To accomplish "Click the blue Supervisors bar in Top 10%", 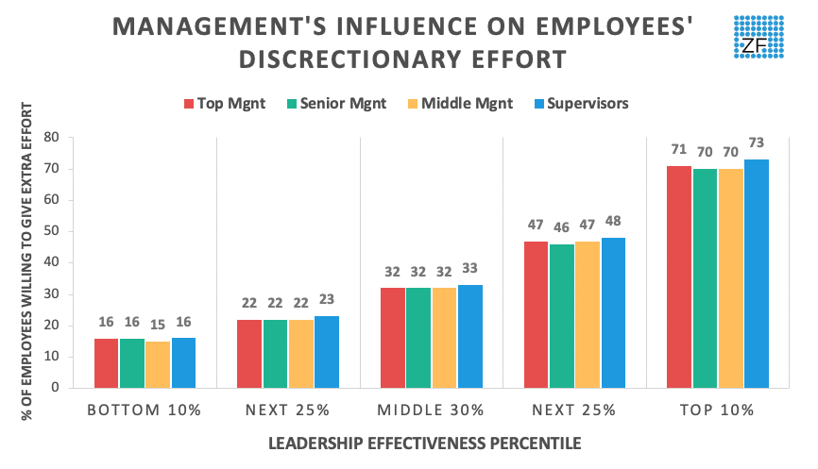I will coord(756,274).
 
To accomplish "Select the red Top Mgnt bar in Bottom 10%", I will coord(106,362).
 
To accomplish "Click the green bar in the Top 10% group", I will coord(705,278).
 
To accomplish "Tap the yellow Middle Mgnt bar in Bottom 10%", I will coord(158,363).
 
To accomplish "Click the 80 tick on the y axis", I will coord(53,138).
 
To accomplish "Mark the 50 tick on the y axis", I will coord(53,231).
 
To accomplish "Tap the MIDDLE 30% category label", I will coord(431,410).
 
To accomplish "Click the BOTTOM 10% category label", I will coord(145,410).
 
